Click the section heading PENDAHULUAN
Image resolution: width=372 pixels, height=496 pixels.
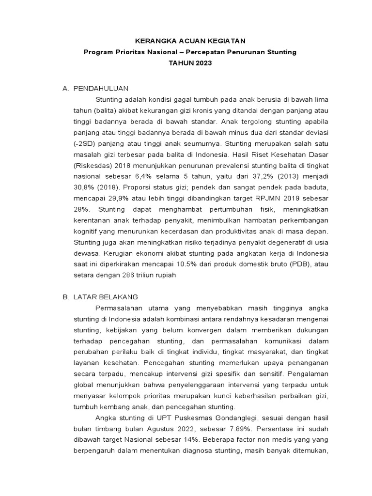(x=101, y=88)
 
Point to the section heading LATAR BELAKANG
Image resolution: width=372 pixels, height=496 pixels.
(x=106, y=296)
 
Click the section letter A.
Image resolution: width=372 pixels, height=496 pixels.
(x=65, y=88)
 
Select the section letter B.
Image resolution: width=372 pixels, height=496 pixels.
(x=65, y=296)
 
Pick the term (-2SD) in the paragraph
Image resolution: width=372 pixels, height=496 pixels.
(x=85, y=143)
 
